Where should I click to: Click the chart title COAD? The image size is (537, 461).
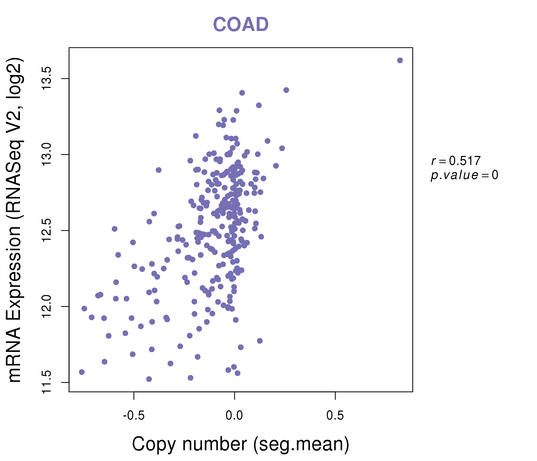(241, 24)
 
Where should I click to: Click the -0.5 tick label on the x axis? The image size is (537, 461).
(133, 416)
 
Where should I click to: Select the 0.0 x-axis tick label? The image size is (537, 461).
(234, 416)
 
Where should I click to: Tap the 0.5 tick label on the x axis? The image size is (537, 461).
(335, 416)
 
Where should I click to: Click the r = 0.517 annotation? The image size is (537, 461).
(456, 161)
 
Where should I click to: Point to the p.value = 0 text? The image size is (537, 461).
(464, 175)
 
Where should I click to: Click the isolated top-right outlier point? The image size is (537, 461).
(400, 60)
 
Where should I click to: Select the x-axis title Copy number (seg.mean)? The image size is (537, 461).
(241, 444)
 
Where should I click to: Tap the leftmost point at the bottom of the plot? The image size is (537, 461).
(82, 372)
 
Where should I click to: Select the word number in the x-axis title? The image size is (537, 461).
(215, 444)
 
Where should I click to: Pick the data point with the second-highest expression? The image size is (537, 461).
(286, 90)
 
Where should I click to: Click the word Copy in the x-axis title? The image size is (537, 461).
(154, 444)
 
